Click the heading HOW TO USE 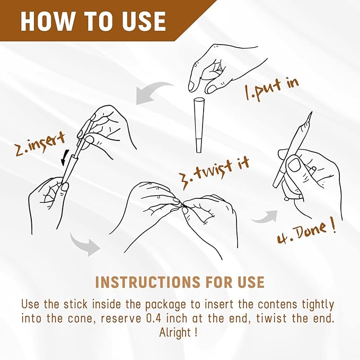coord(93,21)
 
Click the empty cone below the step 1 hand coord(199,125)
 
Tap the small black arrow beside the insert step coord(65,157)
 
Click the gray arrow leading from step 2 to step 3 coord(83,243)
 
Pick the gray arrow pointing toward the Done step coord(264,217)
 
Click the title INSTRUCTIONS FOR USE coord(180,282)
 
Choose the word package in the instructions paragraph coord(166,305)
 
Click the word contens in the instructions coord(278,305)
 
